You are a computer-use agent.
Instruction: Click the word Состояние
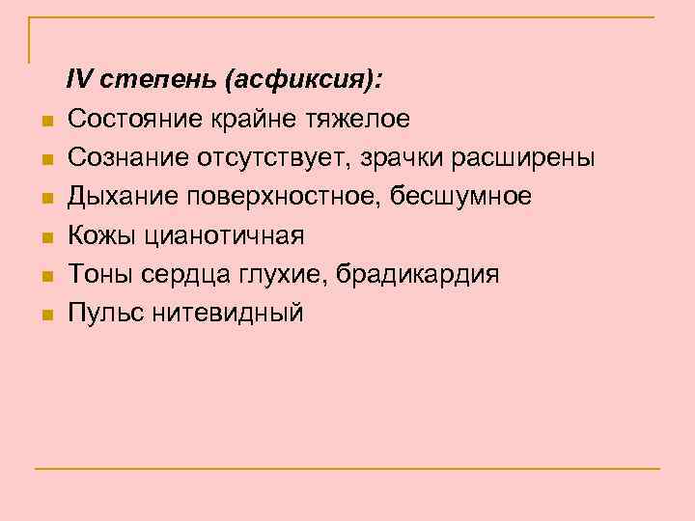[127, 119]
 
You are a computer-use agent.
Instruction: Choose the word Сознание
[125, 157]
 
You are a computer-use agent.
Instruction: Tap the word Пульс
[102, 313]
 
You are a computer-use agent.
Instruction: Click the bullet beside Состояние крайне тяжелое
[45, 122]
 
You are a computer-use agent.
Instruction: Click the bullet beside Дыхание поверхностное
[45, 199]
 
